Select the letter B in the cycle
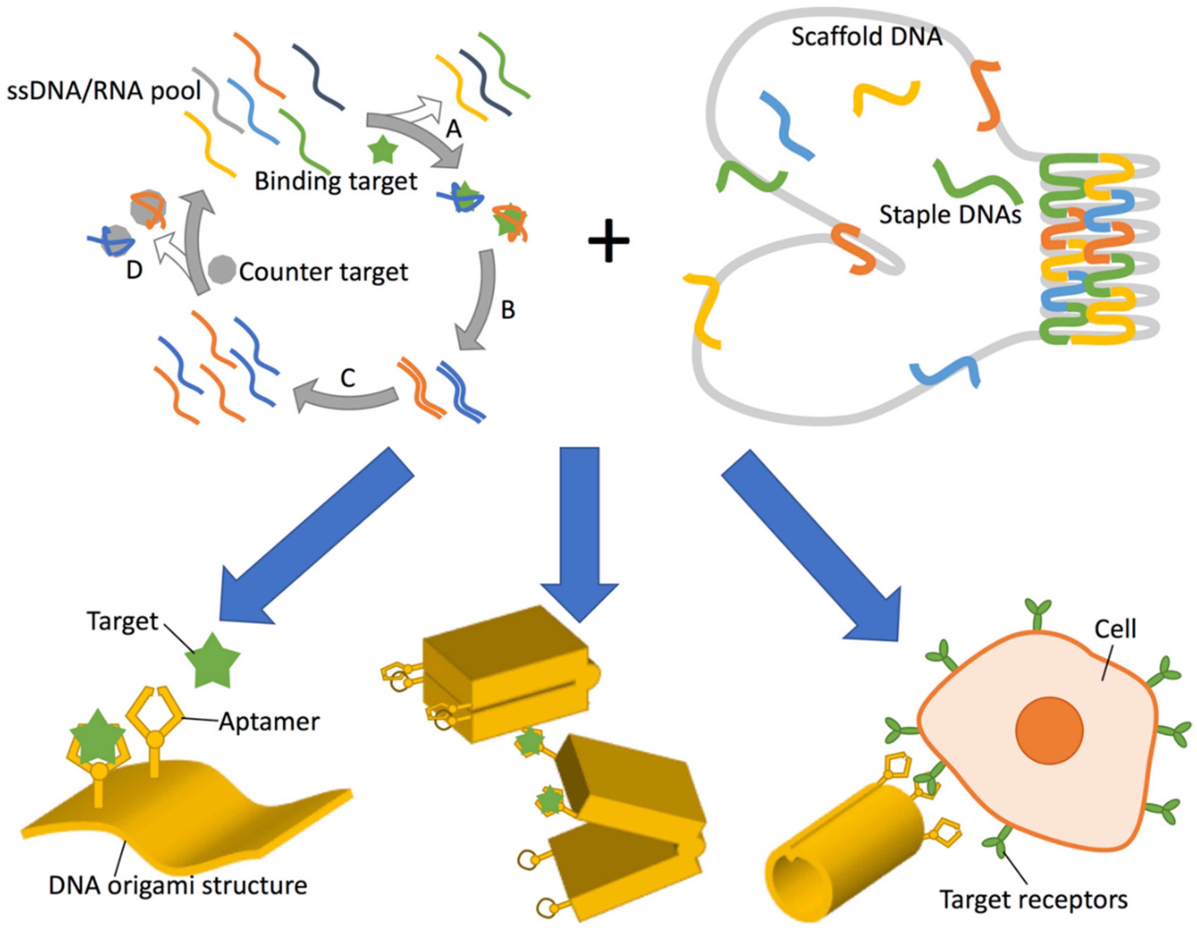508,310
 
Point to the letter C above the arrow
347,378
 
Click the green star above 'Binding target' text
382,150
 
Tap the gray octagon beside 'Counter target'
222,269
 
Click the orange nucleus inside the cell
1049,730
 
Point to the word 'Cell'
1115,629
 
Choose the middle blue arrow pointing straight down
579,526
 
